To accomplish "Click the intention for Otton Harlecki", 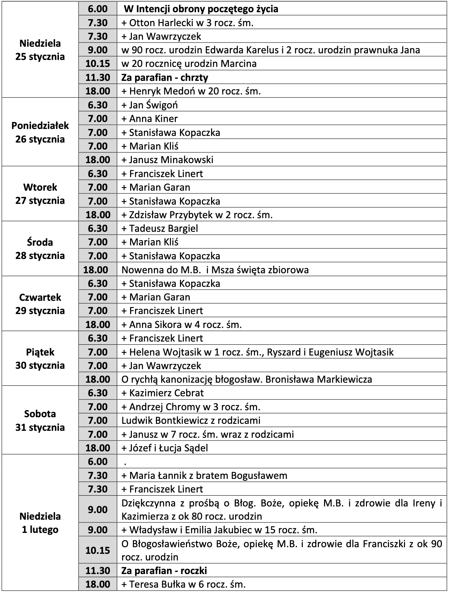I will [187, 23].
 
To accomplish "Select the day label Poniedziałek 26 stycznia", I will [40, 132].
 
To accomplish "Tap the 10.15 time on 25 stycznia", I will [98, 63].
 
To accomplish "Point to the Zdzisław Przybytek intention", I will [197, 215].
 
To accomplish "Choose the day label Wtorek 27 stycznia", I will [40, 194].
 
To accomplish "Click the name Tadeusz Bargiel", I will [164, 228].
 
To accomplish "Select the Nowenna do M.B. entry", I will [215, 270].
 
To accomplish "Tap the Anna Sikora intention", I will [181, 324].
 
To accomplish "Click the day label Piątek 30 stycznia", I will [40, 359].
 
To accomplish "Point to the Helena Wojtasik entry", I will [257, 352].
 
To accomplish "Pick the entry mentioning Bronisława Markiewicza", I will [247, 379].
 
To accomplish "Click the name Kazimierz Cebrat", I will [166, 393].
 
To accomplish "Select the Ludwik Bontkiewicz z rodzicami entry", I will [191, 420].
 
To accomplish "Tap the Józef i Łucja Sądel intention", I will [165, 448].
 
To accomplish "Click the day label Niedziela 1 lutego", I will [40, 523].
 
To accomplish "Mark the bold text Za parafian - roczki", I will [164, 571].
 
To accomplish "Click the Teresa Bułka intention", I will [183, 584].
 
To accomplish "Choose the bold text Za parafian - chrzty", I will [165, 77].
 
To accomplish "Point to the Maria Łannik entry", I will [204, 475].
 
